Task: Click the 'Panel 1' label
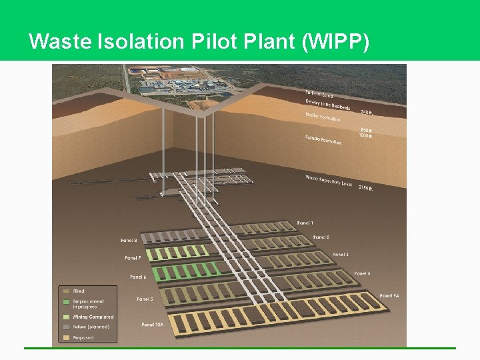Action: pyautogui.click(x=305, y=223)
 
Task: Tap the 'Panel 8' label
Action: pyautogui.click(x=129, y=240)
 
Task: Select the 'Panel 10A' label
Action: pyautogui.click(x=151, y=325)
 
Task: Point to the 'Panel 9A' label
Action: pyautogui.click(x=390, y=295)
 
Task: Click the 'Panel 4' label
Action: pyautogui.click(x=362, y=273)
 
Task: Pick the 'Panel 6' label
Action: pyautogui.click(x=138, y=277)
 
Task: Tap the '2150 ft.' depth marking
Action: pyautogui.click(x=365, y=188)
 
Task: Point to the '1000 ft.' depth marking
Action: pyautogui.click(x=365, y=136)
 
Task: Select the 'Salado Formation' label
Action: pyautogui.click(x=324, y=139)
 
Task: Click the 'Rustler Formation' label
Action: pyautogui.click(x=323, y=117)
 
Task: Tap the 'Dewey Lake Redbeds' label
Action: pyautogui.click(x=328, y=105)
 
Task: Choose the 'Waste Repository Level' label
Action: pyautogui.click(x=329, y=181)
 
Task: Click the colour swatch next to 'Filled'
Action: pyautogui.click(x=66, y=291)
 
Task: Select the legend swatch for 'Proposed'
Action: pyautogui.click(x=66, y=337)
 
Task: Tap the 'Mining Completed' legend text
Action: pyautogui.click(x=93, y=317)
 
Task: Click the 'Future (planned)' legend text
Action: pyautogui.click(x=91, y=327)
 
